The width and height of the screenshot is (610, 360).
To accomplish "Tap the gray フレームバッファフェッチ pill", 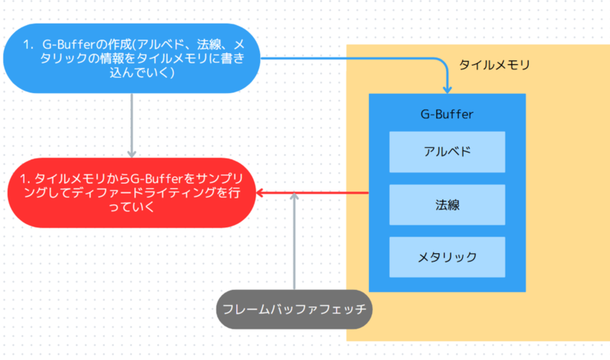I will coord(294,310).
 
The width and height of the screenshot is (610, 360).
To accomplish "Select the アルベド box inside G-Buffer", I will coord(447,151).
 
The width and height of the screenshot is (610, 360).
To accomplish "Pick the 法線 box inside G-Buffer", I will coord(447,204).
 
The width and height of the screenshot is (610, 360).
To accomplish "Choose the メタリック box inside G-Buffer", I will coord(447,257).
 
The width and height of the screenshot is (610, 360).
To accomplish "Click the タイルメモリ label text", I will coord(494,66).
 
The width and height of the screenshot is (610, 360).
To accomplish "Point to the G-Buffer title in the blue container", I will coord(447,114).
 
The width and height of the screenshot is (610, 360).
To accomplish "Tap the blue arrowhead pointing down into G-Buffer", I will coord(447,88).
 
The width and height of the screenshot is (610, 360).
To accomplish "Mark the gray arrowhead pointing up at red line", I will coord(294,198).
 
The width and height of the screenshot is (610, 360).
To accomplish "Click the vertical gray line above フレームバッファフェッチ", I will coord(294,244).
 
